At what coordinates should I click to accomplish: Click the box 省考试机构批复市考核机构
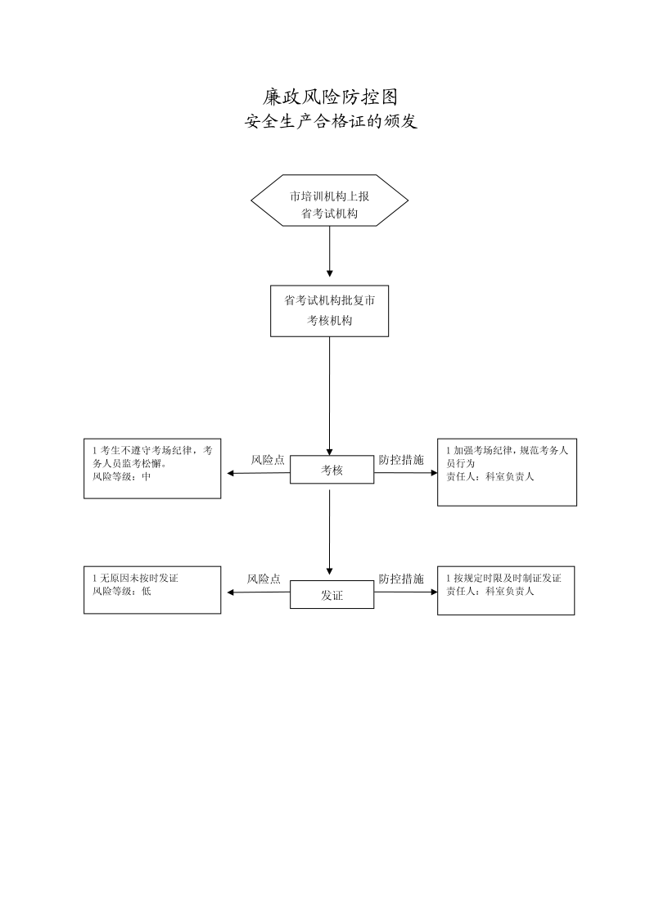(x=329, y=311)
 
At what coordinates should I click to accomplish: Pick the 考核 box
(x=332, y=471)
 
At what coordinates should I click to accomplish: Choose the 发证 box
(x=332, y=595)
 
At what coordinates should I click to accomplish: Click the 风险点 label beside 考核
(x=268, y=460)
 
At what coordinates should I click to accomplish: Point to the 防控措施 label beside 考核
(x=401, y=460)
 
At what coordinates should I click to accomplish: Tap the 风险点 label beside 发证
(x=264, y=579)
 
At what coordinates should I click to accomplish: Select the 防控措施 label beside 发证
(x=401, y=579)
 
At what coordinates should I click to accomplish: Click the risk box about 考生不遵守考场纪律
(x=152, y=469)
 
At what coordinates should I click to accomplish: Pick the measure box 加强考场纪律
(x=507, y=471)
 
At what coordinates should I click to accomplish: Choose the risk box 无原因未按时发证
(x=152, y=590)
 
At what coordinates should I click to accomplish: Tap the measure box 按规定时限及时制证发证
(x=506, y=591)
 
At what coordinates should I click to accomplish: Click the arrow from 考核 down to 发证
(x=329, y=532)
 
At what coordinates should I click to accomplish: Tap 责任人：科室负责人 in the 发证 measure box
(x=490, y=591)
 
